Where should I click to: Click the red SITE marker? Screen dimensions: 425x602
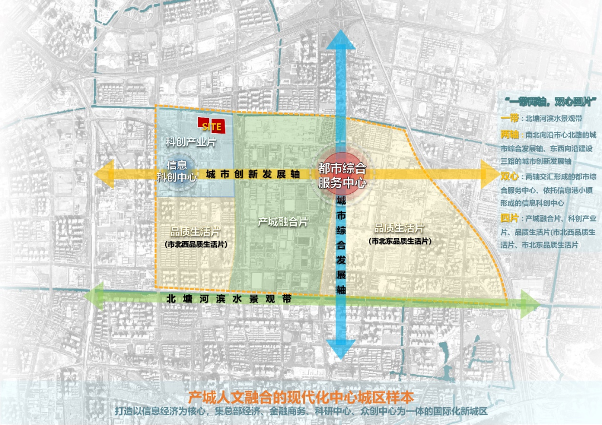click(211, 126)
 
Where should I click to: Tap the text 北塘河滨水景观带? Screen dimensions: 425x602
click(229, 299)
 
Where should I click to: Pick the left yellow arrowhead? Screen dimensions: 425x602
click(104, 174)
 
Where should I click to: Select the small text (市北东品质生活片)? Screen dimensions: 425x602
click(399, 241)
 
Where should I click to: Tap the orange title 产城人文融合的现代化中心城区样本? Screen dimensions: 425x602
click(301, 397)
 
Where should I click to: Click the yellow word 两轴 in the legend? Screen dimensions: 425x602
click(509, 134)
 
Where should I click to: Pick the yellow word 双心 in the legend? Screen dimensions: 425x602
click(509, 176)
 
